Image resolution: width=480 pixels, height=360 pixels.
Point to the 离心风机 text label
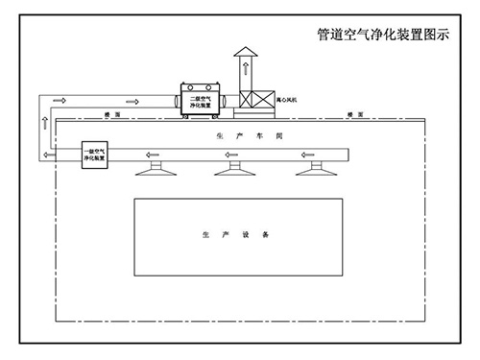287,99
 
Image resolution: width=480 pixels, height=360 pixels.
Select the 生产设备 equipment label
236,233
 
